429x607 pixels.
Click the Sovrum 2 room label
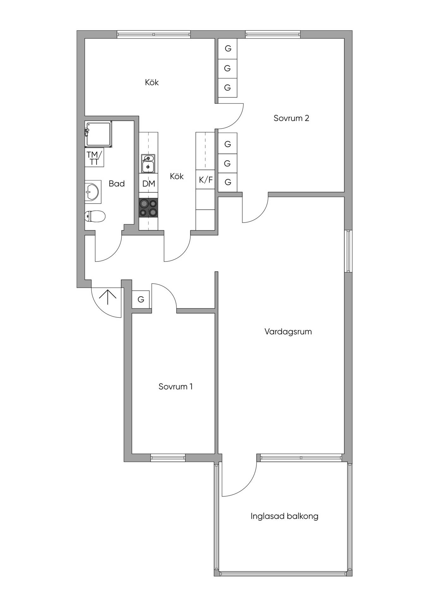coord(291,118)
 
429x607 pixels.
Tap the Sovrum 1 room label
coord(175,386)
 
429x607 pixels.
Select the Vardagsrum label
coord(288,332)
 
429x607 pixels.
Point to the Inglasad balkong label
coord(284,516)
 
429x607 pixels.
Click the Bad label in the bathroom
coord(117,184)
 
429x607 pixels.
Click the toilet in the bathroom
coord(95,217)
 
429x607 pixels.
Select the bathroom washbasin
coord(92,192)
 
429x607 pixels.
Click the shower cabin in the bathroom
coord(98,134)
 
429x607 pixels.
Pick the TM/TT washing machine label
coord(94,158)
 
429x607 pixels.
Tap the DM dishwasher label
coord(149,184)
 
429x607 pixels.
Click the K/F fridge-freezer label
coord(206,180)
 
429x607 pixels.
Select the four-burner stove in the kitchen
coord(149,208)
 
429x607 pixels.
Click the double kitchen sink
coord(148,163)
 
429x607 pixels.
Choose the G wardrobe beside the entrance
coord(141,299)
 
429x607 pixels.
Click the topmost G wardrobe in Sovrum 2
coord(228,49)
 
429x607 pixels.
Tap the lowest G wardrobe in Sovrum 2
coord(228,182)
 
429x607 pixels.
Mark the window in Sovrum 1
coord(168,457)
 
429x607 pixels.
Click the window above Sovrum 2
coord(273,34)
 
